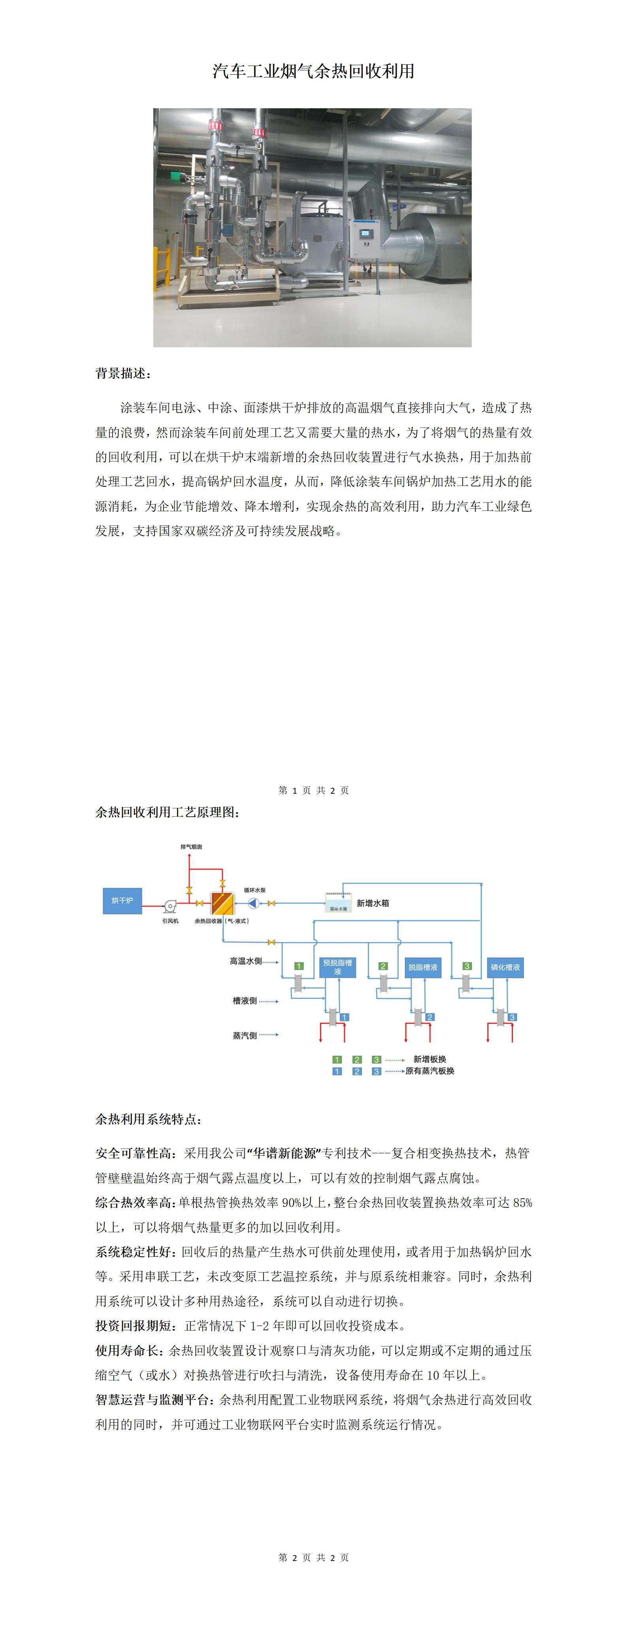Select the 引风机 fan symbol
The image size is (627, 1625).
(169, 906)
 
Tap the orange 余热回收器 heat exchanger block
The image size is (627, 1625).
(222, 903)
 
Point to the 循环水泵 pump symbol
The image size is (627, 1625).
(253, 903)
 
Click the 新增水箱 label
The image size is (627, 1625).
(373, 903)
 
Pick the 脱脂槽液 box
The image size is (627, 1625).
(423, 967)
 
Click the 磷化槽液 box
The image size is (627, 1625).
(505, 967)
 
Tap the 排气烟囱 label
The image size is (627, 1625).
(191, 847)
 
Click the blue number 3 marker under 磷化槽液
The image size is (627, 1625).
(512, 1017)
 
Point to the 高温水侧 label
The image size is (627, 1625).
(245, 961)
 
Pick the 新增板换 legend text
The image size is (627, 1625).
(429, 1059)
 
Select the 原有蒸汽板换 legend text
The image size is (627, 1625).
(429, 1071)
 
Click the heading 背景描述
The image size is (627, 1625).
(123, 373)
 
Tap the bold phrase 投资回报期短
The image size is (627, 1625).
(133, 1326)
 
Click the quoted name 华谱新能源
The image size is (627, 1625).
(284, 1153)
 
